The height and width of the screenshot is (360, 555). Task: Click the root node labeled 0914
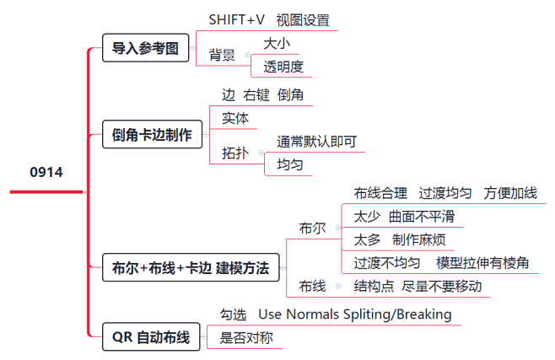[x=46, y=172]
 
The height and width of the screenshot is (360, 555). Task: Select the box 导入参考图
[x=145, y=48]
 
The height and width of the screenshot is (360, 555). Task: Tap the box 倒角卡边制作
[x=152, y=134]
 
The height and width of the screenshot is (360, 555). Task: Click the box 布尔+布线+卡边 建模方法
[x=191, y=268]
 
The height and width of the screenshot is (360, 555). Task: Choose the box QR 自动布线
[x=151, y=336]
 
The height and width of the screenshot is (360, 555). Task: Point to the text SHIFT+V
[x=236, y=19]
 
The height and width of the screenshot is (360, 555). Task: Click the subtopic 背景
[x=222, y=55]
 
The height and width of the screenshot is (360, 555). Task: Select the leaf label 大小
[x=277, y=44]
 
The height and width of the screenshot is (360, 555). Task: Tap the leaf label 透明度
[x=283, y=67]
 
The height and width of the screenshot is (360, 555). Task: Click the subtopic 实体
[x=235, y=118]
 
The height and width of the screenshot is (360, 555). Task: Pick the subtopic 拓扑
[x=235, y=153]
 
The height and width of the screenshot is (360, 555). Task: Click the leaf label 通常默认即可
[x=317, y=142]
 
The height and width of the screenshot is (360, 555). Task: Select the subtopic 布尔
[x=312, y=228]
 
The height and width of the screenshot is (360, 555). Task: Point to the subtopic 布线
[x=312, y=286]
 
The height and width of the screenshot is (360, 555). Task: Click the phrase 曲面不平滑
[x=422, y=217]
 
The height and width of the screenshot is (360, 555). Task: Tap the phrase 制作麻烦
[x=418, y=239]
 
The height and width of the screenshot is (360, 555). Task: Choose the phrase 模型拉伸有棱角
[x=482, y=263]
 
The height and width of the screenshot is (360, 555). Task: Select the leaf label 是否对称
[x=246, y=337]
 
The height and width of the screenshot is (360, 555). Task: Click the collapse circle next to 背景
[x=248, y=55]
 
